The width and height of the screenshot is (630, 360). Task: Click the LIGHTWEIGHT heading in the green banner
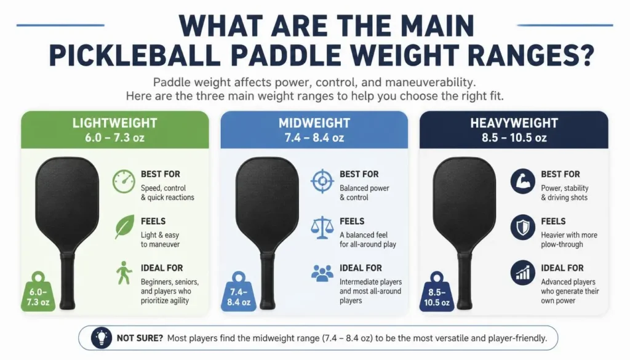tap(114, 123)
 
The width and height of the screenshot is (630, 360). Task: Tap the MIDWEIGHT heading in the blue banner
tap(314, 123)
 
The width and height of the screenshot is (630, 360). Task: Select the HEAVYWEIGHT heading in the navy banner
tap(514, 123)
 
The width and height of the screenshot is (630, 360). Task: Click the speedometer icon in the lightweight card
tap(124, 181)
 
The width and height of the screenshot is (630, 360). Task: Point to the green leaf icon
tap(124, 227)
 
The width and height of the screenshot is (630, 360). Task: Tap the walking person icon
tap(124, 273)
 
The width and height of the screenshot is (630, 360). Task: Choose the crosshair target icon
tap(322, 181)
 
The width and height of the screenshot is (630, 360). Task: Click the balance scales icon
tap(322, 228)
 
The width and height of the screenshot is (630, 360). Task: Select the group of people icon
tap(322, 273)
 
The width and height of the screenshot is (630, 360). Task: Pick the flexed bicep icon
tap(523, 181)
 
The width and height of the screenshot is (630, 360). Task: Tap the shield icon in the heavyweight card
tap(523, 227)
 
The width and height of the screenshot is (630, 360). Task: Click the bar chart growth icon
tap(523, 273)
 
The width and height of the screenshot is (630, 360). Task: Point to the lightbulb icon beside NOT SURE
tap(102, 338)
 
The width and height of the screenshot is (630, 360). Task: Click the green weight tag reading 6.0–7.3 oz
tap(38, 292)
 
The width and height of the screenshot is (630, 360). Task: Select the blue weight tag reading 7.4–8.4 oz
tap(239, 292)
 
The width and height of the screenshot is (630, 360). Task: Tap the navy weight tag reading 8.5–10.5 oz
tap(437, 292)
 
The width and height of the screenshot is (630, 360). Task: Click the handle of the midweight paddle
tap(267, 281)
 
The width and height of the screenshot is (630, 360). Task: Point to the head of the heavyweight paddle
tap(465, 201)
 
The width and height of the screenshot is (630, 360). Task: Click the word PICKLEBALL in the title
tap(134, 55)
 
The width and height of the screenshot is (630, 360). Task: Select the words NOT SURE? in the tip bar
tap(140, 338)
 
